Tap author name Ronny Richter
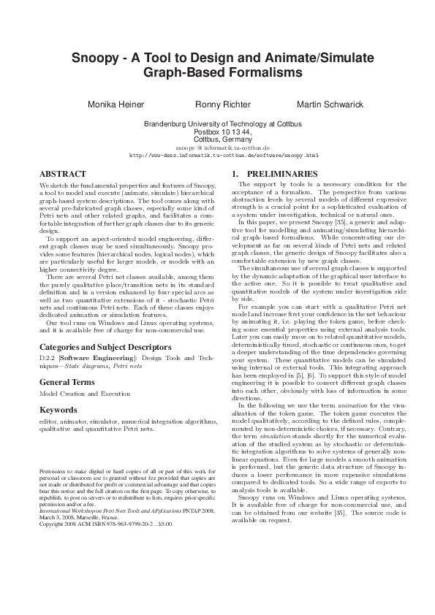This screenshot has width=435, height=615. [223, 104]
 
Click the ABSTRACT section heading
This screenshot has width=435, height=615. [62, 174]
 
